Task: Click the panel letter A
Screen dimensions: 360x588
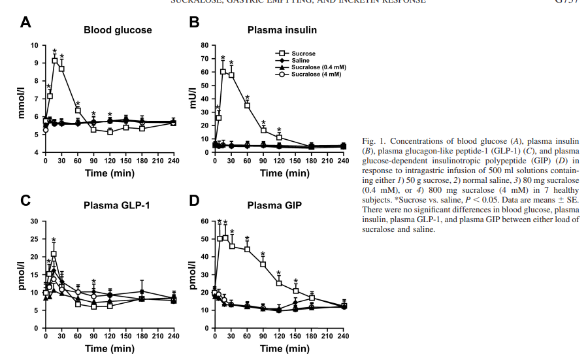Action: pyautogui.click(x=25, y=24)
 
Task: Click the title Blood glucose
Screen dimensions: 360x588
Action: pyautogui.click(x=118, y=30)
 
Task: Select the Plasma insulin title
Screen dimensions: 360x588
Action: pyautogui.click(x=282, y=30)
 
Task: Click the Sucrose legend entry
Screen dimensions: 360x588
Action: pyautogui.click(x=303, y=53)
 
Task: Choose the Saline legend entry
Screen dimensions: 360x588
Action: pyautogui.click(x=301, y=60)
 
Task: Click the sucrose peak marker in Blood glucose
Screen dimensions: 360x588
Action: pyautogui.click(x=55, y=61)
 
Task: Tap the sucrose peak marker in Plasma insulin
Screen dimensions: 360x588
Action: pyautogui.click(x=223, y=72)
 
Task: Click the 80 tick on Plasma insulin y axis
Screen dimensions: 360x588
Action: pyautogui.click(x=204, y=46)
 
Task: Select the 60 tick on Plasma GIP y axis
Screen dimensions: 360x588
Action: pyautogui.click(x=204, y=221)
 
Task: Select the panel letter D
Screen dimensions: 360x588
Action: pyautogui.click(x=193, y=200)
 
